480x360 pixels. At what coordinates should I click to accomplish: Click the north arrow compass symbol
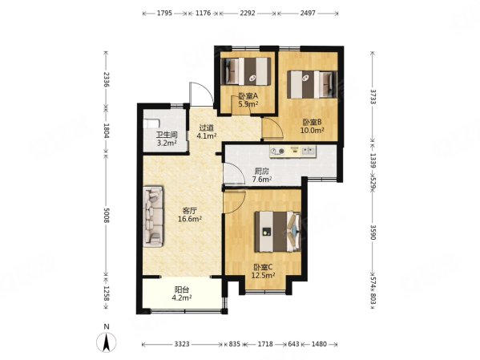click(x=107, y=341)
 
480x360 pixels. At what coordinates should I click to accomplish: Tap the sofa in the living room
click(x=153, y=216)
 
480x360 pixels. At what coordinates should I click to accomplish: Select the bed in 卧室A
click(x=246, y=71)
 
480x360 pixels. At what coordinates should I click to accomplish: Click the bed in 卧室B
click(x=312, y=84)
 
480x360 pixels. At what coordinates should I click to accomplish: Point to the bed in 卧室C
click(x=277, y=232)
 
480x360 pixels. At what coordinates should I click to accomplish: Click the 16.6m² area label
click(x=189, y=219)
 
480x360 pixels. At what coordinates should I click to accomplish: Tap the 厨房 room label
click(x=262, y=172)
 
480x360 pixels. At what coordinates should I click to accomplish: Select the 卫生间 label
click(x=167, y=135)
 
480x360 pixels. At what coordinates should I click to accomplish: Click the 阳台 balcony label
click(x=182, y=289)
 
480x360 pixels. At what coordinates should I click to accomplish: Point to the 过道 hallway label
click(x=206, y=127)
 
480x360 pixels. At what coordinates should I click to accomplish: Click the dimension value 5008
click(x=107, y=216)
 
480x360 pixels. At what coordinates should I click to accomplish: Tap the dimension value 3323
click(x=182, y=344)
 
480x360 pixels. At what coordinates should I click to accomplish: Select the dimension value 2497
click(x=308, y=13)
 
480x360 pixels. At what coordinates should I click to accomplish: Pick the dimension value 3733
click(x=373, y=97)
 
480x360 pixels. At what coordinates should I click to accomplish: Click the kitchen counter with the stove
click(x=293, y=152)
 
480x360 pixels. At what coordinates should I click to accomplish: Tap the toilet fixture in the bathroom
click(x=151, y=123)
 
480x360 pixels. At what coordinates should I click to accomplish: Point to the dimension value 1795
click(x=165, y=13)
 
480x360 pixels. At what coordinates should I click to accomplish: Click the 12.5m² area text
click(x=263, y=276)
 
